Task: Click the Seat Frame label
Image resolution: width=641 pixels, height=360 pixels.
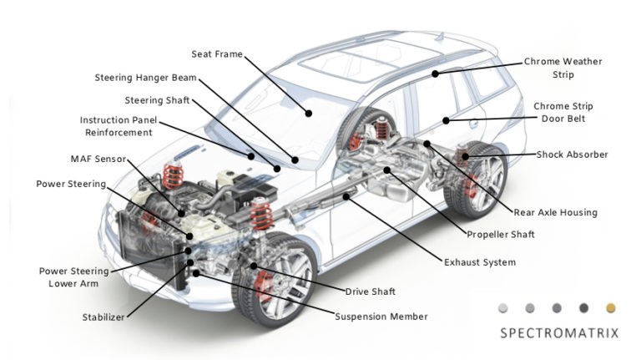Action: pos(217,54)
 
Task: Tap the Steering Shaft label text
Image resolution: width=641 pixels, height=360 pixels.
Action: pos(157,100)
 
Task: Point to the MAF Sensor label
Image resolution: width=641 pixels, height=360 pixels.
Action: pos(98,158)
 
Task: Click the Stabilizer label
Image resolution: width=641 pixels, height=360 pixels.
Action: pos(103,317)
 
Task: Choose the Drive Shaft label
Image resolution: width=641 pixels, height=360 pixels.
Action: pos(370,292)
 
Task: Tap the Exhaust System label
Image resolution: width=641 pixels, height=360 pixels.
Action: pos(479,262)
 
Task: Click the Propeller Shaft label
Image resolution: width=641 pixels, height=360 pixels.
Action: pos(501,235)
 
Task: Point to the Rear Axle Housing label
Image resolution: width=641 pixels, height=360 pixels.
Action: pos(555,212)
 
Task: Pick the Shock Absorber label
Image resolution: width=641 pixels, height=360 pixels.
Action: pos(572,155)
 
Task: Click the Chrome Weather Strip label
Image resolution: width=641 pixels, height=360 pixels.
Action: pos(562,68)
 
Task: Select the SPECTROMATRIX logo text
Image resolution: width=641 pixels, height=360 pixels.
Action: pos(558,333)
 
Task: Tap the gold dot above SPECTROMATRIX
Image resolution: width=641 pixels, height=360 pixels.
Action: pos(610,307)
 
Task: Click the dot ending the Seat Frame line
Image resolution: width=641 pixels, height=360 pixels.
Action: pos(308,112)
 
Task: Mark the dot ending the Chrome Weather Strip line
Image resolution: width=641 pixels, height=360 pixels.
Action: pos(436,74)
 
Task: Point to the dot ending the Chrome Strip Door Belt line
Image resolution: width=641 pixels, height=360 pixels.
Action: pos(447,121)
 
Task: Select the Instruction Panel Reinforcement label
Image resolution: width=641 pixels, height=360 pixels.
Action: pos(117,126)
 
